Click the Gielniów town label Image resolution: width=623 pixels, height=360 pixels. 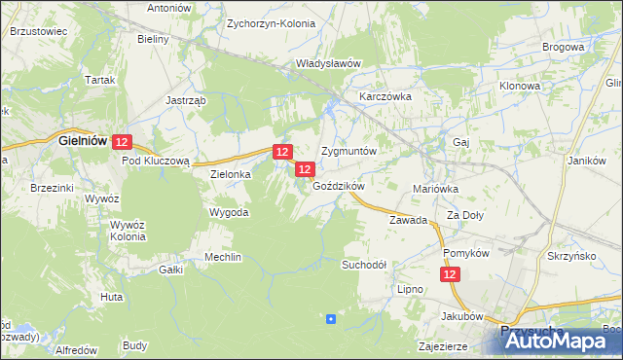pos(83,140)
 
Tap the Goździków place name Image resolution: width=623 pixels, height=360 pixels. pos(338,186)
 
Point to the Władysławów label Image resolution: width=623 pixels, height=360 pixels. pos(328,63)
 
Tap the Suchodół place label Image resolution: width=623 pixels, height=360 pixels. pos(364,265)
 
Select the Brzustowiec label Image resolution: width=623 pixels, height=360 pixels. pos(38,31)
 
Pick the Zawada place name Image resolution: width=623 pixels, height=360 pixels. pos(409,221)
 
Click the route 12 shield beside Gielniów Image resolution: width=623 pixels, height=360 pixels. pos(122,142)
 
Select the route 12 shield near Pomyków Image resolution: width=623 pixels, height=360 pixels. pos(450,276)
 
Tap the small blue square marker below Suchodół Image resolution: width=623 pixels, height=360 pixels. pos(331,318)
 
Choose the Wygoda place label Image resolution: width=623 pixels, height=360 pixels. pos(230,211)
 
